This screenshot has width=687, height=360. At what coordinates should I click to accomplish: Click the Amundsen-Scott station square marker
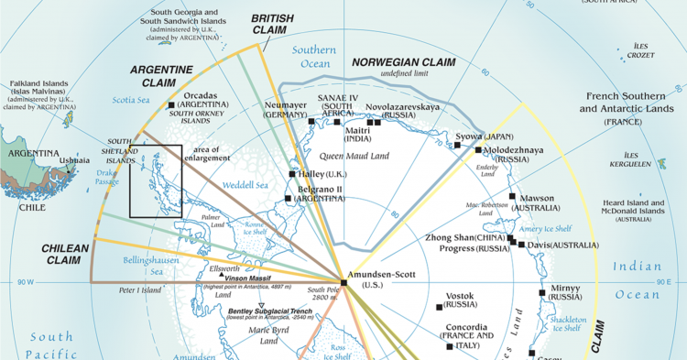343,282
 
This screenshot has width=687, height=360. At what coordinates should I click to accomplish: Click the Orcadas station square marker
171,106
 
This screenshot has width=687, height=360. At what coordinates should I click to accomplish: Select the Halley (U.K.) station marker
292,173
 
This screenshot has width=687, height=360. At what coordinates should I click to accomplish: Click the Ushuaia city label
74,160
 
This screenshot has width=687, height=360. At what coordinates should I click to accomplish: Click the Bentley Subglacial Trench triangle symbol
261,306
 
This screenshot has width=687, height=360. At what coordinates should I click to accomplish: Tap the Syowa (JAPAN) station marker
458,145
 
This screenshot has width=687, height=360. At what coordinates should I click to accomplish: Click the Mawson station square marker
513,196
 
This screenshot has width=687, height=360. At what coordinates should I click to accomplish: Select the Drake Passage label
108,177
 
